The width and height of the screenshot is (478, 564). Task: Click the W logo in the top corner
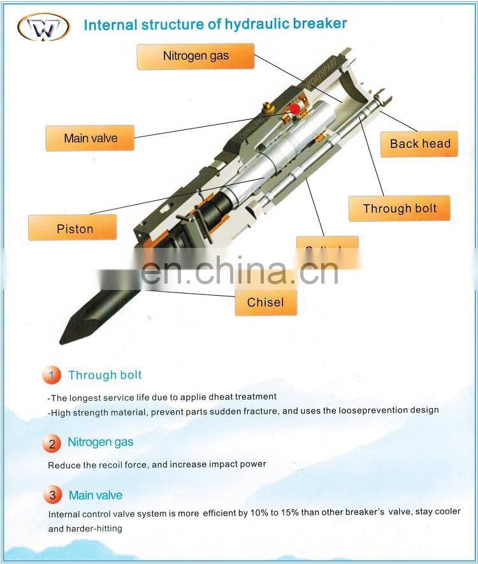point(43,27)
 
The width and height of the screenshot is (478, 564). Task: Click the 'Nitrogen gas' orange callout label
point(195,56)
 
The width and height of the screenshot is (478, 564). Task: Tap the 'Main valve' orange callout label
point(90,138)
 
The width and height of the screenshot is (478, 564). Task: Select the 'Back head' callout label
point(419,143)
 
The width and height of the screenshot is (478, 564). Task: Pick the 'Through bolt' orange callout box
point(400,208)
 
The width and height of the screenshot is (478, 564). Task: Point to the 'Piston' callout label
point(75,228)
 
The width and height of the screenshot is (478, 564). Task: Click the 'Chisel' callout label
point(265,302)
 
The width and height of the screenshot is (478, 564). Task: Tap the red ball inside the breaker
point(295,109)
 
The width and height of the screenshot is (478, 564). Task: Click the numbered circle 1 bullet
point(52,375)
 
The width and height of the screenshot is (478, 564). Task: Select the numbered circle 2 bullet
point(52,443)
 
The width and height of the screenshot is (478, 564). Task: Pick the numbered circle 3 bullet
point(52,495)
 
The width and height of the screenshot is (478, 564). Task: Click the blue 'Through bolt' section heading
point(105,375)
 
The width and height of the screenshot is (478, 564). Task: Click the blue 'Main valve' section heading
point(95,495)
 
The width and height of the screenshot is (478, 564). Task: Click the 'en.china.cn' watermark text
point(239,270)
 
